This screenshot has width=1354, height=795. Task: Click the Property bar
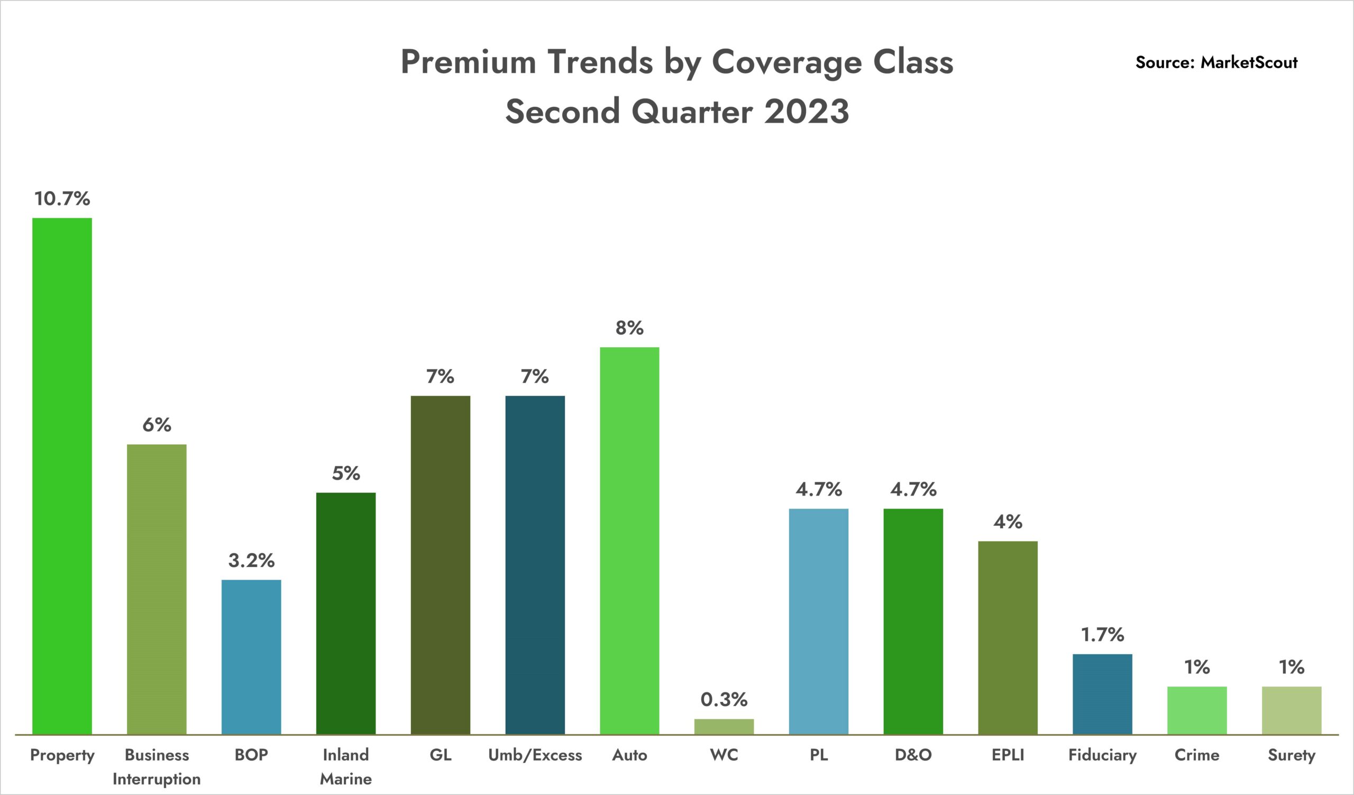(x=62, y=476)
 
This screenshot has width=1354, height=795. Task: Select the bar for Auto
(x=629, y=540)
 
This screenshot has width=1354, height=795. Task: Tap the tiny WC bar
(x=724, y=726)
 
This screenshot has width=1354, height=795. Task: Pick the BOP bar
(x=251, y=657)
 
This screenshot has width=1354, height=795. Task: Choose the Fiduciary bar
(x=1102, y=694)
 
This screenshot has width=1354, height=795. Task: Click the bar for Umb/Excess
(x=535, y=564)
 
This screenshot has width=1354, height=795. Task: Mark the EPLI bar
(x=1008, y=637)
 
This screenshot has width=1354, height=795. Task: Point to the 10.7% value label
(x=62, y=199)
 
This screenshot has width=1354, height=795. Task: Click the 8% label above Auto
(x=629, y=328)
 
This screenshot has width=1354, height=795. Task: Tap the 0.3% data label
(x=724, y=699)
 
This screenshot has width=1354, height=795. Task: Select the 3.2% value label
(x=251, y=561)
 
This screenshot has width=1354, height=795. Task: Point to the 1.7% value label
(x=1102, y=635)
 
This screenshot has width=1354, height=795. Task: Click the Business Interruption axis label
(x=157, y=766)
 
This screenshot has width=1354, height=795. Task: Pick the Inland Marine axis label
(x=345, y=766)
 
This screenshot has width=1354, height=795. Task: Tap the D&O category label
(x=913, y=755)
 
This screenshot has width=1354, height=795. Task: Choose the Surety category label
(x=1291, y=755)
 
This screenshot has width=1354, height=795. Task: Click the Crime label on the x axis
(x=1196, y=755)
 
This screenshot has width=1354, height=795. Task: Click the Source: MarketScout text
(x=1216, y=62)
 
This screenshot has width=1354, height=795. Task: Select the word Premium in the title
(x=468, y=62)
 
